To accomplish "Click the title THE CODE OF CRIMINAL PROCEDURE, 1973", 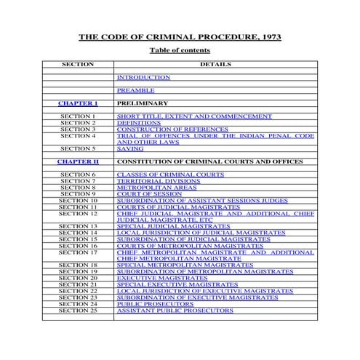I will pos(180,36).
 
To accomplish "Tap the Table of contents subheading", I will pos(180,50).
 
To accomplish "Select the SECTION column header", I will pos(78,64).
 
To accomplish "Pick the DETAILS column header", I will pos(215,64).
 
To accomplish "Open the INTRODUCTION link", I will pos(143,77).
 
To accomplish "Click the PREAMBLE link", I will pos(136,90).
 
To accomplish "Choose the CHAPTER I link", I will pos(78,103).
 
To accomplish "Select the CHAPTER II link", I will pos(78,161).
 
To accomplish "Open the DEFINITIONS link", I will pos(138,123).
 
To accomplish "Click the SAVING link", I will pos(130,148).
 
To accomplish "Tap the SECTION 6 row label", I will pos(78,175).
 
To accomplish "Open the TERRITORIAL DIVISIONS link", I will pos(151,181).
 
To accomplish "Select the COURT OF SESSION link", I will pos(147,194).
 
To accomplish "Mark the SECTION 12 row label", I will pos(78,214).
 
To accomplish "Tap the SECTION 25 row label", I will pos(78,311).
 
